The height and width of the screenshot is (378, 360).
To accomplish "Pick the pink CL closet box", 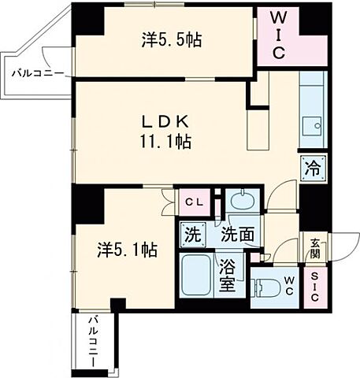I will pyautogui.click(x=193, y=202).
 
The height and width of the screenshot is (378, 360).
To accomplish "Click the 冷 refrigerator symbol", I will pyautogui.click(x=311, y=167).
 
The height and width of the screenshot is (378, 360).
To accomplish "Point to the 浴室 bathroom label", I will pyautogui.click(x=227, y=276).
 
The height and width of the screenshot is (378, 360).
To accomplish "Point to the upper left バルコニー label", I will pyautogui.click(x=37, y=74).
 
